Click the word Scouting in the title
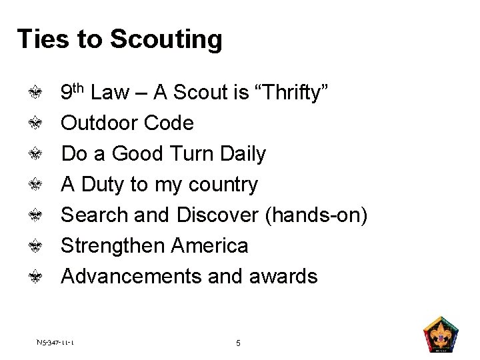click(x=165, y=39)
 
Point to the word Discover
click(x=217, y=215)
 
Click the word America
click(x=209, y=245)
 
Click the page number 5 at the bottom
click(x=239, y=343)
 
